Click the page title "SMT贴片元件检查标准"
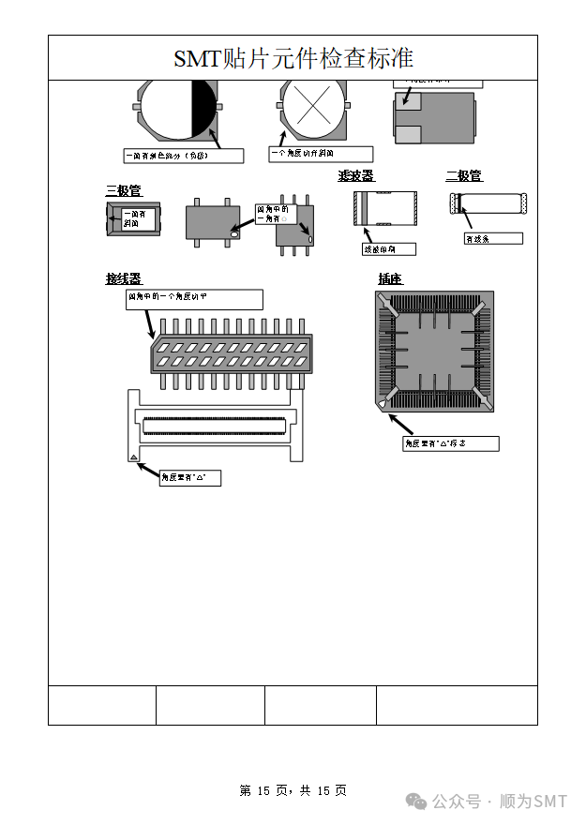293,58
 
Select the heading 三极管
123,190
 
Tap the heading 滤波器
355,176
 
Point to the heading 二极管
463,176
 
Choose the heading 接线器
123,278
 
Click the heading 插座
390,278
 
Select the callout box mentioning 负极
184,156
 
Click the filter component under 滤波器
385,208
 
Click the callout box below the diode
492,239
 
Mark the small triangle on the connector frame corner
134,457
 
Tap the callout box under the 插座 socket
451,443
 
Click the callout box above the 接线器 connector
194,299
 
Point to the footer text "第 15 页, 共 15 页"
293,791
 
